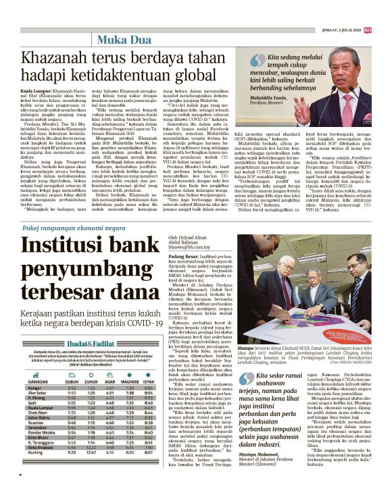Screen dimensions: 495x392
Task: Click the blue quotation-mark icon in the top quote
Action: [243, 59]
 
